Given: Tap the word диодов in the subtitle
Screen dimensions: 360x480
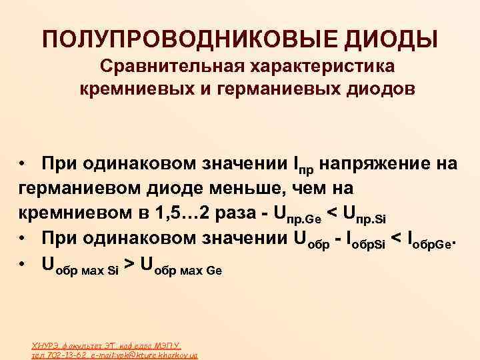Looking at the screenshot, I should pos(376,89).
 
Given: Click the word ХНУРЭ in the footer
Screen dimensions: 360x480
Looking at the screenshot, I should pos(43,345).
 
